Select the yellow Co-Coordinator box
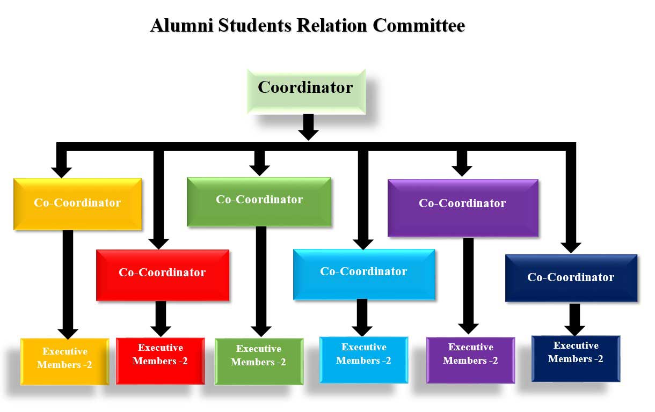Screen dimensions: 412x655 coord(77,204)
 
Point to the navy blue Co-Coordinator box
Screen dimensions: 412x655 coord(571,278)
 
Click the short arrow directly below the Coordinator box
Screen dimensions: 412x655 coord(308,127)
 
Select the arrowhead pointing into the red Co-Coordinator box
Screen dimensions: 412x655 coord(158,242)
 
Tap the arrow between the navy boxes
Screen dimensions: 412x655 coord(574,319)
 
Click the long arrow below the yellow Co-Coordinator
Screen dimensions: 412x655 coord(68,284)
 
